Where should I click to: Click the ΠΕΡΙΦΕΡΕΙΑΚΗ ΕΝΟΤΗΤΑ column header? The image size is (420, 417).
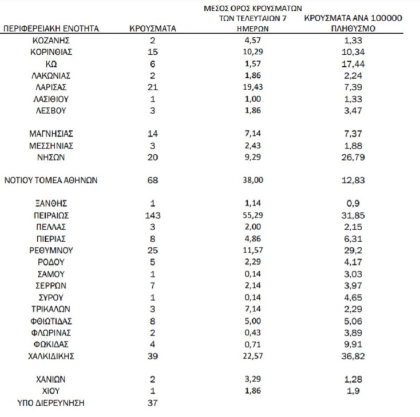(51, 28)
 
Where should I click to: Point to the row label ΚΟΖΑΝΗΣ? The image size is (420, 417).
(51, 40)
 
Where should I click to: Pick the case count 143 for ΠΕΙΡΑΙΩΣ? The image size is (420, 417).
(153, 215)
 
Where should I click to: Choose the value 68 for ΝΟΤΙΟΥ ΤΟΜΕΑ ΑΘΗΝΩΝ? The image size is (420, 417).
(153, 181)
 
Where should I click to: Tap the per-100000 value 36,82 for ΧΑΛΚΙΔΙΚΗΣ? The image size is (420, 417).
(352, 356)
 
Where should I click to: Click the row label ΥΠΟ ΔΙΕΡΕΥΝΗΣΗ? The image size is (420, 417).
(51, 403)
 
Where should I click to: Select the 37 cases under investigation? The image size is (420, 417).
(153, 403)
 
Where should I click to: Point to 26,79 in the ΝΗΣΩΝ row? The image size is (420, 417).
(352, 157)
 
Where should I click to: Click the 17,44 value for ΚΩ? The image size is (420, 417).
(352, 63)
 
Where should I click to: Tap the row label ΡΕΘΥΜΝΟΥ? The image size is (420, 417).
(51, 251)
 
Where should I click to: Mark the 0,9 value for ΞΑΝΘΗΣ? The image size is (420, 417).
(352, 204)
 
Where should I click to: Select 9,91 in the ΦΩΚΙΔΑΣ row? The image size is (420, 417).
(352, 344)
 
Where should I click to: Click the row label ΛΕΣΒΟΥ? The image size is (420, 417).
(51, 110)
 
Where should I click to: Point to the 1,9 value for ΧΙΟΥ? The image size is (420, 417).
(352, 391)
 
